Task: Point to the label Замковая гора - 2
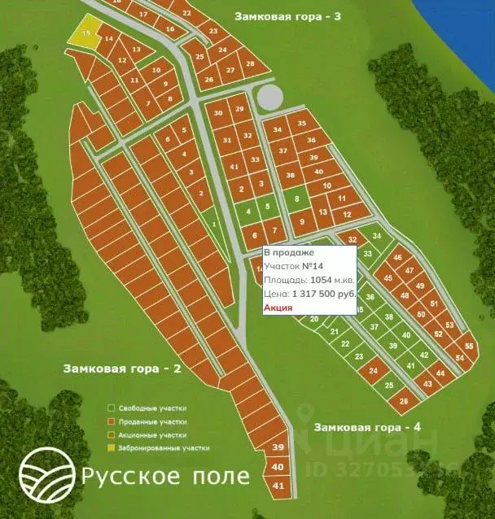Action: (121, 368)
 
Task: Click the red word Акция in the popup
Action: (278, 307)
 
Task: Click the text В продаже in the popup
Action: (283, 252)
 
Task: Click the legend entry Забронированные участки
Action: (160, 447)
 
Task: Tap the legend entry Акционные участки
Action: (151, 434)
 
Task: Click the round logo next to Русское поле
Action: (45, 474)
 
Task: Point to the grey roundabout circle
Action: (269, 98)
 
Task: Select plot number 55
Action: (468, 345)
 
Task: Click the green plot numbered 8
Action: (297, 199)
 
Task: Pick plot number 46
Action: (397, 258)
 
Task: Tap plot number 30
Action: (217, 113)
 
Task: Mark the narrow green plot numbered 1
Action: (214, 224)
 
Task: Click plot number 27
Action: (230, 70)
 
